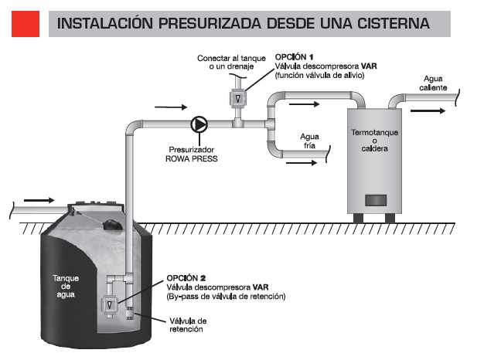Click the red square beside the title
pos(25,24)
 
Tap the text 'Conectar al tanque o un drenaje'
pos(231,63)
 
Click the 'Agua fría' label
pos(309,140)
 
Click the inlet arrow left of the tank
pos(39,201)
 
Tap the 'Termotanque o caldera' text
pos(374,141)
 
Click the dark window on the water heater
pos(375,198)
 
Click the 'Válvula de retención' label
pos(188,324)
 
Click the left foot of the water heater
pos(358,217)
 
